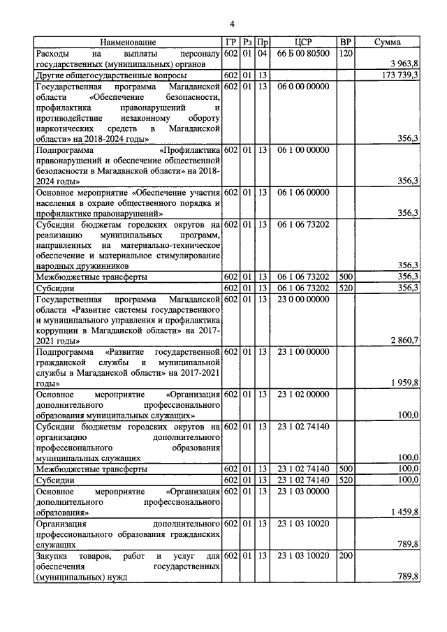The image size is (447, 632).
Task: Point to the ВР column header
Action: click(344, 43)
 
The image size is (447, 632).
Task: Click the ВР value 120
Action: click(344, 53)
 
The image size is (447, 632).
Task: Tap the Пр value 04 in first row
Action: click(262, 53)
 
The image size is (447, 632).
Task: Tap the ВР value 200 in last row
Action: click(344, 555)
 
